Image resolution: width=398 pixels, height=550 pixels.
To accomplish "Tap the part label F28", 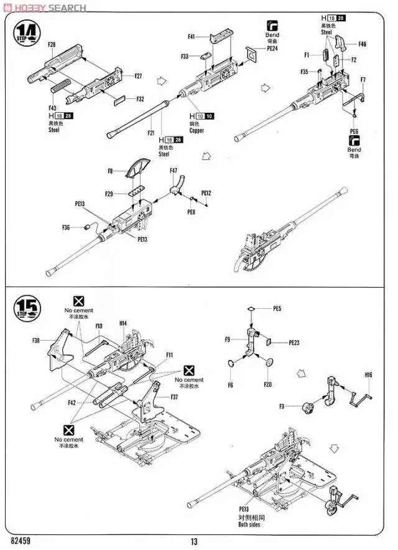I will point(51,45).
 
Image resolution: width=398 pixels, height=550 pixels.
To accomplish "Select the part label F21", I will point(151,133).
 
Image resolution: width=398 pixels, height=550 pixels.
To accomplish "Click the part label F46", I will point(362,44).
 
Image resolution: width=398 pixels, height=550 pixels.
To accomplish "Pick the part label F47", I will point(174,170).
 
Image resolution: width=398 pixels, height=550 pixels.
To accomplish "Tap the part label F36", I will point(66,227).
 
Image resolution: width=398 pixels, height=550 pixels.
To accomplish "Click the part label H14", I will point(123,323).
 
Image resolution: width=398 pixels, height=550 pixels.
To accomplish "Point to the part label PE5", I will point(277,308).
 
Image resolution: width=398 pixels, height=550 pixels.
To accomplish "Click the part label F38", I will point(36,340).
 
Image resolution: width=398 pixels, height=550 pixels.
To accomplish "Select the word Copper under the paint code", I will point(197,131).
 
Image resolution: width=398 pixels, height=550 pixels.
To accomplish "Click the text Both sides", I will point(249,524).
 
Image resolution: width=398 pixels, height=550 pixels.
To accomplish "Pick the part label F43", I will point(52,109).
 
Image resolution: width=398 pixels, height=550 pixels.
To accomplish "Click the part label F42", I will point(73,402).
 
